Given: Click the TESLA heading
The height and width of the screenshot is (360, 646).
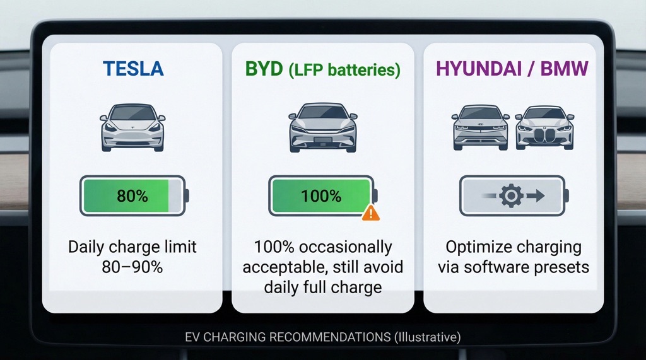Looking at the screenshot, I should click(x=132, y=68).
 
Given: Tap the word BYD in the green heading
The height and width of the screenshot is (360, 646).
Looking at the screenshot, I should click(x=264, y=68).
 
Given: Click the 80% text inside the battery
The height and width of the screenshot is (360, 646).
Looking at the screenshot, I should click(x=132, y=195).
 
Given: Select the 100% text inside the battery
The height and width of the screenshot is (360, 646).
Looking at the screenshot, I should click(x=321, y=195).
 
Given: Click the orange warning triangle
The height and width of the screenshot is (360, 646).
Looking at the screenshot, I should click(x=371, y=213).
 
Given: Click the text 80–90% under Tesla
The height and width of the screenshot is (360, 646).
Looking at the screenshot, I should click(x=132, y=266).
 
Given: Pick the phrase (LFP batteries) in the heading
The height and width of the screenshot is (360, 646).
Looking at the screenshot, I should click(x=344, y=69).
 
